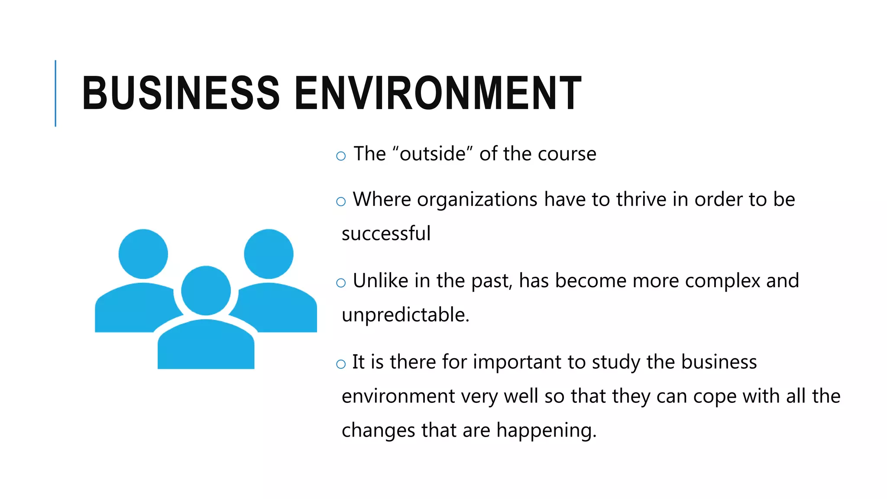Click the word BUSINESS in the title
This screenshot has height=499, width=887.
pos(181,93)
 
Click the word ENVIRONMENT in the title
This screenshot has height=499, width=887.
pos(438,93)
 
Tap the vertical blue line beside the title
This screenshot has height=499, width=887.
pos(55,93)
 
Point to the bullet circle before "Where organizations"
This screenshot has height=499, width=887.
pos(341,201)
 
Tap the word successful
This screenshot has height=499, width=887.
pos(386,233)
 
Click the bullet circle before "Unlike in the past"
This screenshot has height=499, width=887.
pos(341,283)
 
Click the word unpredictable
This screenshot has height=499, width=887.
pos(405,315)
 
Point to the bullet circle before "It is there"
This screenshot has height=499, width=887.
pos(341,364)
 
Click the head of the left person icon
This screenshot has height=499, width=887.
pos(143,254)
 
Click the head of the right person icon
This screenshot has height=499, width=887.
pos(269,254)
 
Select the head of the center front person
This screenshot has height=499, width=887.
pos(206,291)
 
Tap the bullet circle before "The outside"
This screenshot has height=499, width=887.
pos(341,156)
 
